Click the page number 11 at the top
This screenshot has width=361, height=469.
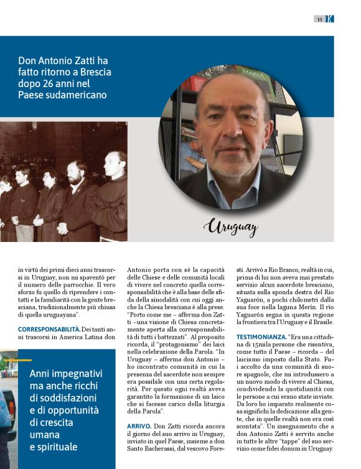pos(319,19)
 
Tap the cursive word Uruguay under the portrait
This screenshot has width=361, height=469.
pos(230,228)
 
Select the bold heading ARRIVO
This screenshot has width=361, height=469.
pos(138,425)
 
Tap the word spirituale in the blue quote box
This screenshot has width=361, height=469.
pos(57,447)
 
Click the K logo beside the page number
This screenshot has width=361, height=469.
pos(329,19)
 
